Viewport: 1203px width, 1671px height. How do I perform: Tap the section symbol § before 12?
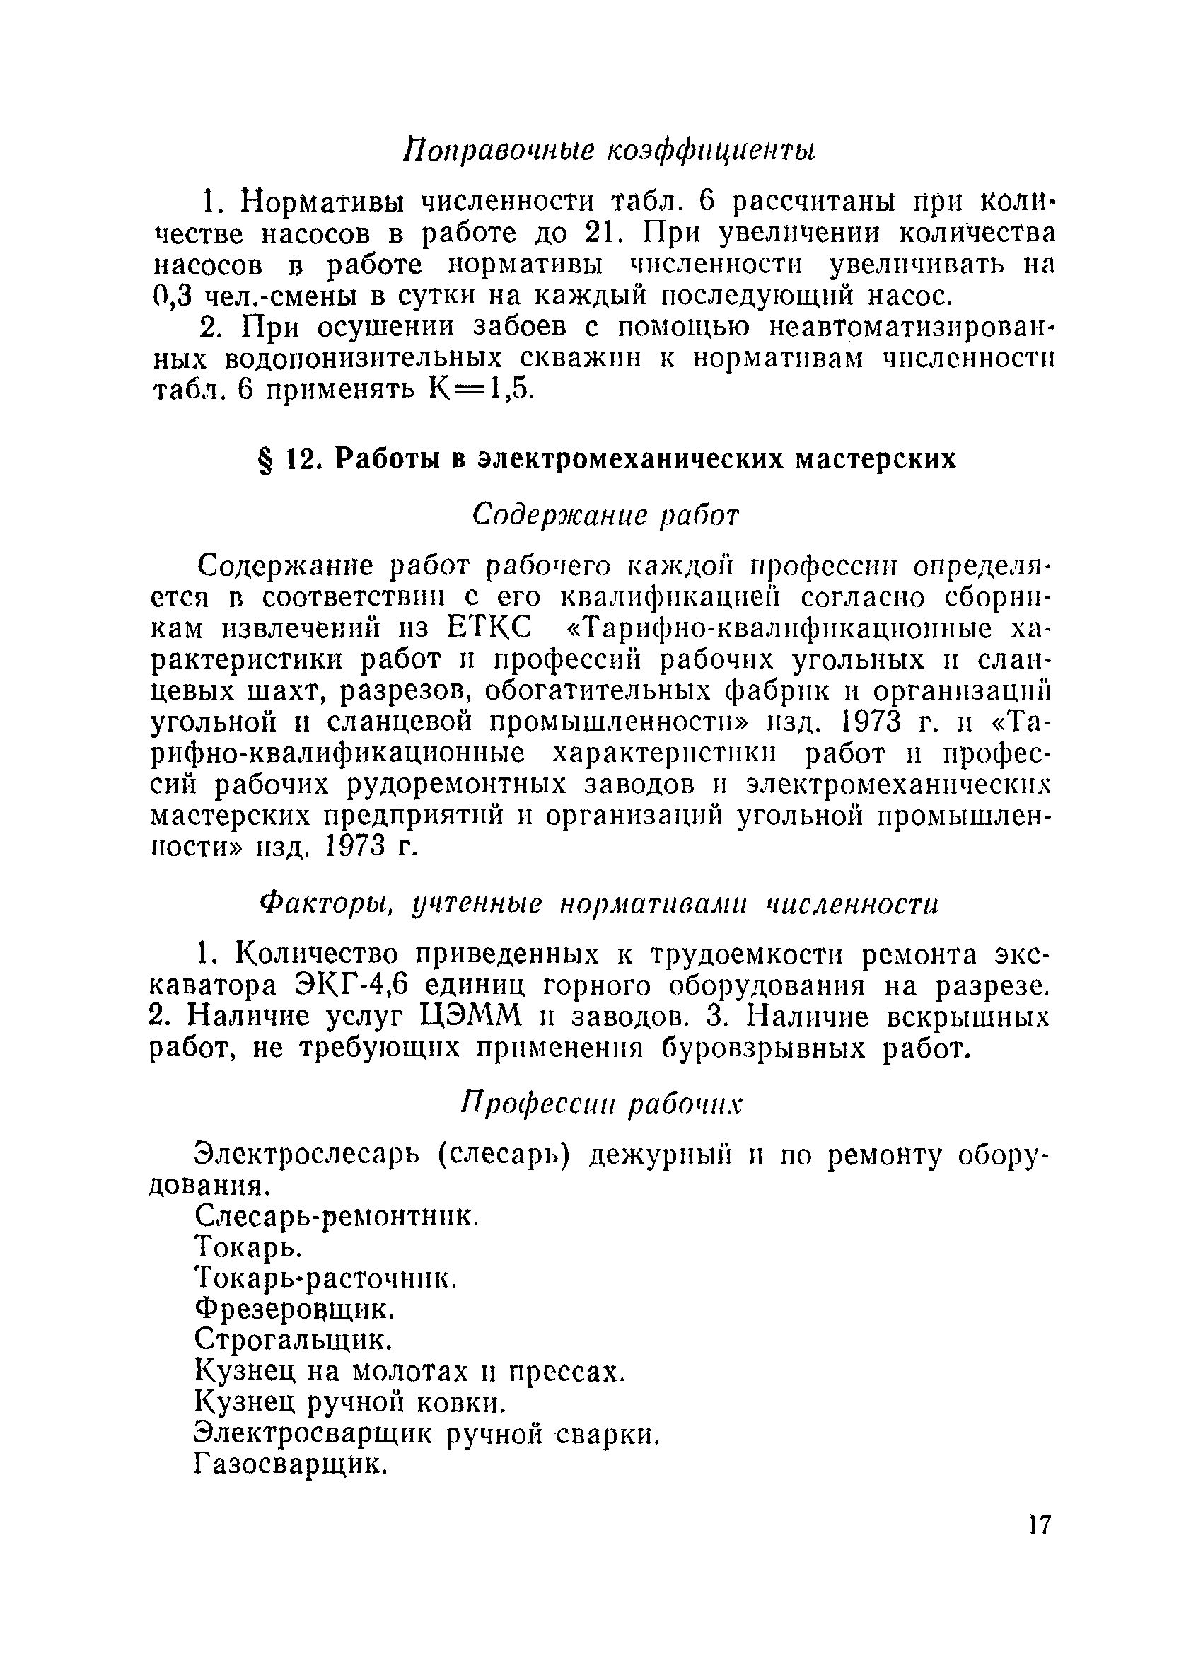click(x=265, y=460)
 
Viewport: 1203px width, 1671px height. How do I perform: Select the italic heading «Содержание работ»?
click(x=604, y=515)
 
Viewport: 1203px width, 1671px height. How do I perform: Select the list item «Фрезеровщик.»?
click(x=295, y=1309)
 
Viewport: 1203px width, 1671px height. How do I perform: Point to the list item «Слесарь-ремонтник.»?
click(x=337, y=1215)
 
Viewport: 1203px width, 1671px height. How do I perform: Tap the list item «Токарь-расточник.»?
click(x=326, y=1278)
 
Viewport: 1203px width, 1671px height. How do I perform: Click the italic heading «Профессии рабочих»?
click(x=602, y=1104)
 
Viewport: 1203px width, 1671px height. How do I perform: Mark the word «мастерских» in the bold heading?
click(x=876, y=459)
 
